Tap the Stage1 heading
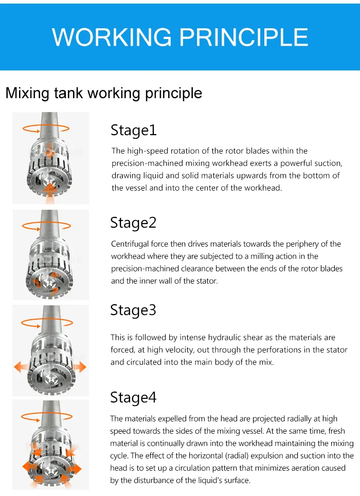(x=133, y=131)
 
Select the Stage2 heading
(x=133, y=223)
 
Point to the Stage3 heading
(x=133, y=310)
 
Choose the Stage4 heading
(x=133, y=398)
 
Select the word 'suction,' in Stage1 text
(x=327, y=163)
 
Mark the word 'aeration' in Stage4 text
(x=296, y=468)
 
